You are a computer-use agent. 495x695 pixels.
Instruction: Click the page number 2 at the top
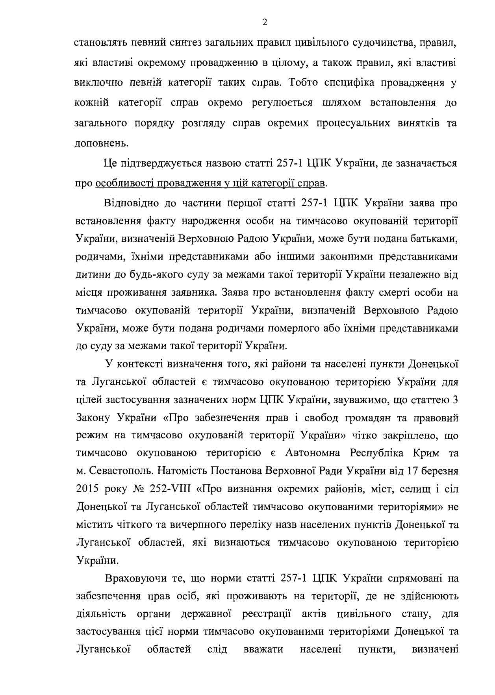265,22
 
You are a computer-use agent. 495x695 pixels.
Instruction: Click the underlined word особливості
124,183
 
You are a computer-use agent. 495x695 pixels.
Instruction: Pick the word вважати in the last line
263,649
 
